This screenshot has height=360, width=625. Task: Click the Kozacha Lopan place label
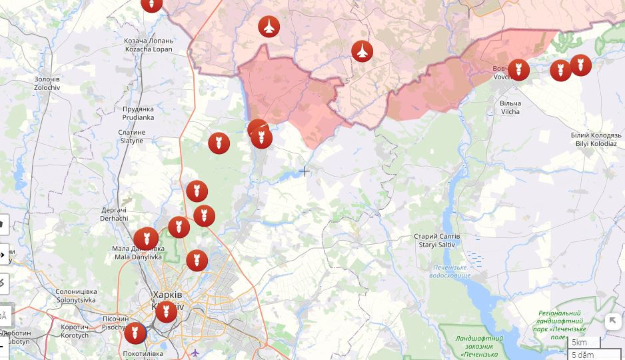(148, 45)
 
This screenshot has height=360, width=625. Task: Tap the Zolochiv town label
(47, 83)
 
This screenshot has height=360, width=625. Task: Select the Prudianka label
(138, 113)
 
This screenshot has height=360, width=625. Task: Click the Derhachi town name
(113, 214)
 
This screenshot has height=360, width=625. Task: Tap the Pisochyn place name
(115, 323)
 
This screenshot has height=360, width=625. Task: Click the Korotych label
(75, 331)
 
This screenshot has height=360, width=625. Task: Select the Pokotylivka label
(143, 353)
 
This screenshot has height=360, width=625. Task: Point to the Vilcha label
(510, 107)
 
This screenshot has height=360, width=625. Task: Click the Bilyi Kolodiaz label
(596, 139)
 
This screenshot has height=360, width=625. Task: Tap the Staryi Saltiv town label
(436, 241)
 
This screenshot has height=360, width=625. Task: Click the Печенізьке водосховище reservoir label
(450, 271)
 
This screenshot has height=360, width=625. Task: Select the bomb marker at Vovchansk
(518, 69)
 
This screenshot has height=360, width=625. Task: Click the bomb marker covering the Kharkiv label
(166, 311)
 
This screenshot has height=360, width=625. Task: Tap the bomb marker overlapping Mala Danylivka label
(146, 239)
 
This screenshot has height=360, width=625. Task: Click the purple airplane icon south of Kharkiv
(195, 353)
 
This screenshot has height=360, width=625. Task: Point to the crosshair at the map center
(304, 171)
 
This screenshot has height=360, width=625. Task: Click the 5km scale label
(580, 343)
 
